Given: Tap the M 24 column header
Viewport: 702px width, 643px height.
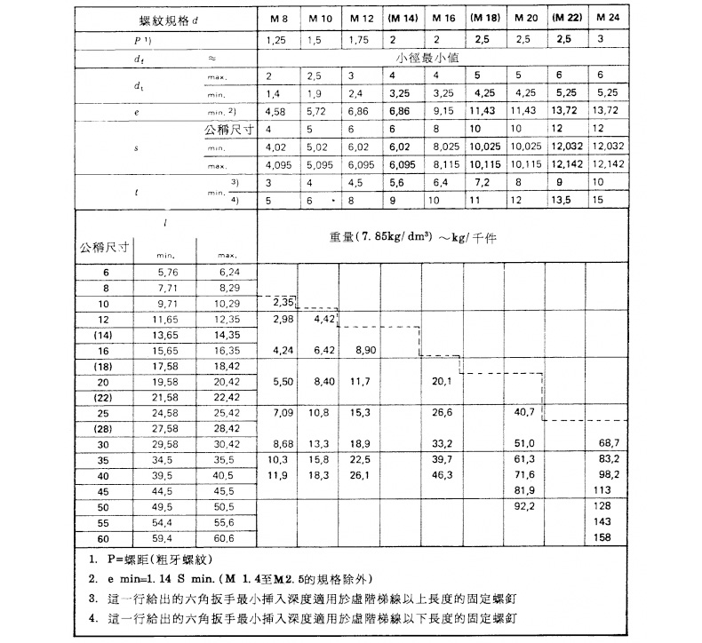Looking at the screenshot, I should (x=606, y=19).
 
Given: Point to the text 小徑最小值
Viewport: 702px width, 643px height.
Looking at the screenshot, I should (x=442, y=60).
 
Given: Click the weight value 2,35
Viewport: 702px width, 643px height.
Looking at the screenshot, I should (x=278, y=303).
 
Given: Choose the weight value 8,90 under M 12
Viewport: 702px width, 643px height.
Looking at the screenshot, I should (x=364, y=351).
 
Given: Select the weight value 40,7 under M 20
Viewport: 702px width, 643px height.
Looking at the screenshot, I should (x=525, y=414).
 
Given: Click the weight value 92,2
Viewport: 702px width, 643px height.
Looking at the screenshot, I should (x=525, y=508).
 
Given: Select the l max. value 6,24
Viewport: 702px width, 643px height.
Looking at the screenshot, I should (x=228, y=271).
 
